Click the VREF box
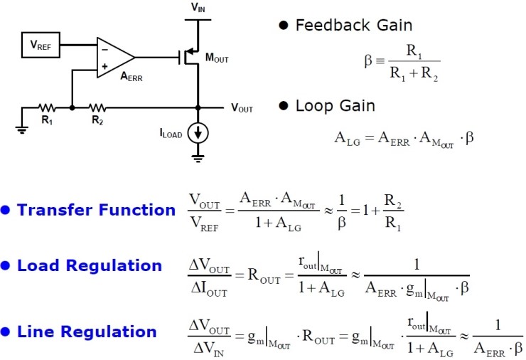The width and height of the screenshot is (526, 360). (x=40, y=46)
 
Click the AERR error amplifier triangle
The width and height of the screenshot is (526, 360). (x=113, y=56)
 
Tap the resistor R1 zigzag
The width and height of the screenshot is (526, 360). (x=47, y=108)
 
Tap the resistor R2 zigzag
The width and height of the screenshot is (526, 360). (x=97, y=108)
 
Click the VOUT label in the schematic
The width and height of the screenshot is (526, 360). (x=242, y=109)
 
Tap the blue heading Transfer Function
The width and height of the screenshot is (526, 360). (x=96, y=210)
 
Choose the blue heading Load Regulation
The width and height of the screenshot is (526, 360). (x=90, y=266)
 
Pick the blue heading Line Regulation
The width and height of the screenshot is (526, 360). (x=87, y=332)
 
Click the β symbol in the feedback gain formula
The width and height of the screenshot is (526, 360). (x=368, y=61)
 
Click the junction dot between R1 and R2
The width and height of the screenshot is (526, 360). (x=72, y=108)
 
